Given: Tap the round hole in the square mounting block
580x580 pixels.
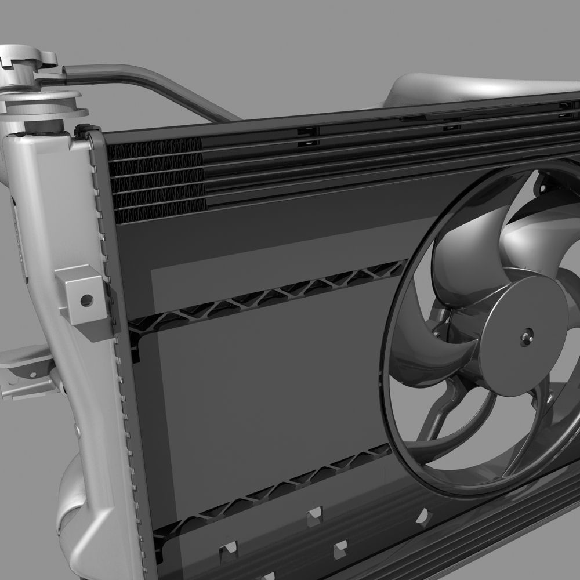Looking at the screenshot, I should [x=86, y=300].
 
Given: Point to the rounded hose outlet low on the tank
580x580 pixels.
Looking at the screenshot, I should [x=72, y=505].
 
